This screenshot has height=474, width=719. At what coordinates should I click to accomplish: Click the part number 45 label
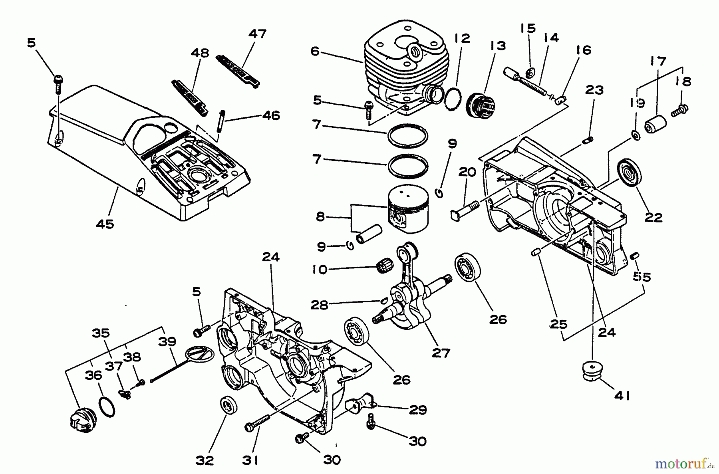click(105, 224)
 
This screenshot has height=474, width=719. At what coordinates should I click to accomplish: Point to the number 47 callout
click(257, 34)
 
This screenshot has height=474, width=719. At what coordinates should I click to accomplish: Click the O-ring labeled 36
click(107, 407)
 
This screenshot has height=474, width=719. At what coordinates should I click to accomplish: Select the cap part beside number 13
click(481, 105)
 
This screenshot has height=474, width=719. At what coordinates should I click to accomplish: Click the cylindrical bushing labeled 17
click(656, 124)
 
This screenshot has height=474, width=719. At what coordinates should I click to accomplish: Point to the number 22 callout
click(653, 217)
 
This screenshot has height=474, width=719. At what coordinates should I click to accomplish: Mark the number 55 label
click(642, 277)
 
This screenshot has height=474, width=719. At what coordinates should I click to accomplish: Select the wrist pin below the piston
click(369, 236)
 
